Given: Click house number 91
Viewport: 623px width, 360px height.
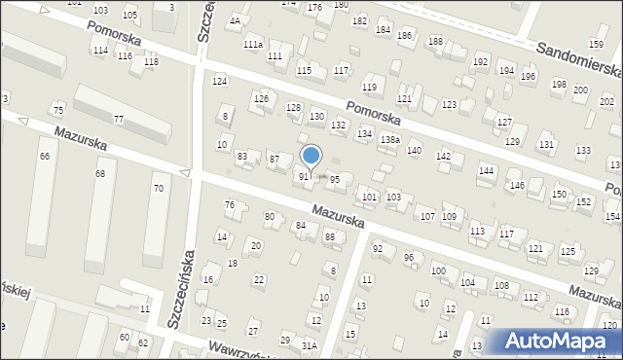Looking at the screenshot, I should pos(304,176).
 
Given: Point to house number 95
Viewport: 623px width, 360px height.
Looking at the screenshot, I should pos(334,179).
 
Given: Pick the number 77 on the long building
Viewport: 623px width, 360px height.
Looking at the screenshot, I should pos(118,119).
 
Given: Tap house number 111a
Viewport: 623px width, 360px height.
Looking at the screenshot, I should pos(253,45).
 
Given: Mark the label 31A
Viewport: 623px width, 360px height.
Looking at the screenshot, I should pos(310,345).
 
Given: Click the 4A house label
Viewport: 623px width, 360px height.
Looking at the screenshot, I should pos(235,20).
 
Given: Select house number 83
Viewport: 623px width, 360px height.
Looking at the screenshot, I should pos(242,156).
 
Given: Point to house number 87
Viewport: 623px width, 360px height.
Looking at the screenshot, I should pos(275,159).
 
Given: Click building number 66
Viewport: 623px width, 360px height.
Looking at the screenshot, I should pos(44,156).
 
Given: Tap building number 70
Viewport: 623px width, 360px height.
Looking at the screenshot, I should pos(158,188).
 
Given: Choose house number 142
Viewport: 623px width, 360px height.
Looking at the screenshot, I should pos(443,157).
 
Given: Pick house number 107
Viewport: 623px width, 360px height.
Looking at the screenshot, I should pos(426,215).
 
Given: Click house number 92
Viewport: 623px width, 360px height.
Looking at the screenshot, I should pos(378,249).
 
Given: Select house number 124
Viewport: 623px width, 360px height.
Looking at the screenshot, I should pos(220,81).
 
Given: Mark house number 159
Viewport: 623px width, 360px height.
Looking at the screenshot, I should pos(596,45).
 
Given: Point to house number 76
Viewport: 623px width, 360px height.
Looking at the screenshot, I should pos(230,204).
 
